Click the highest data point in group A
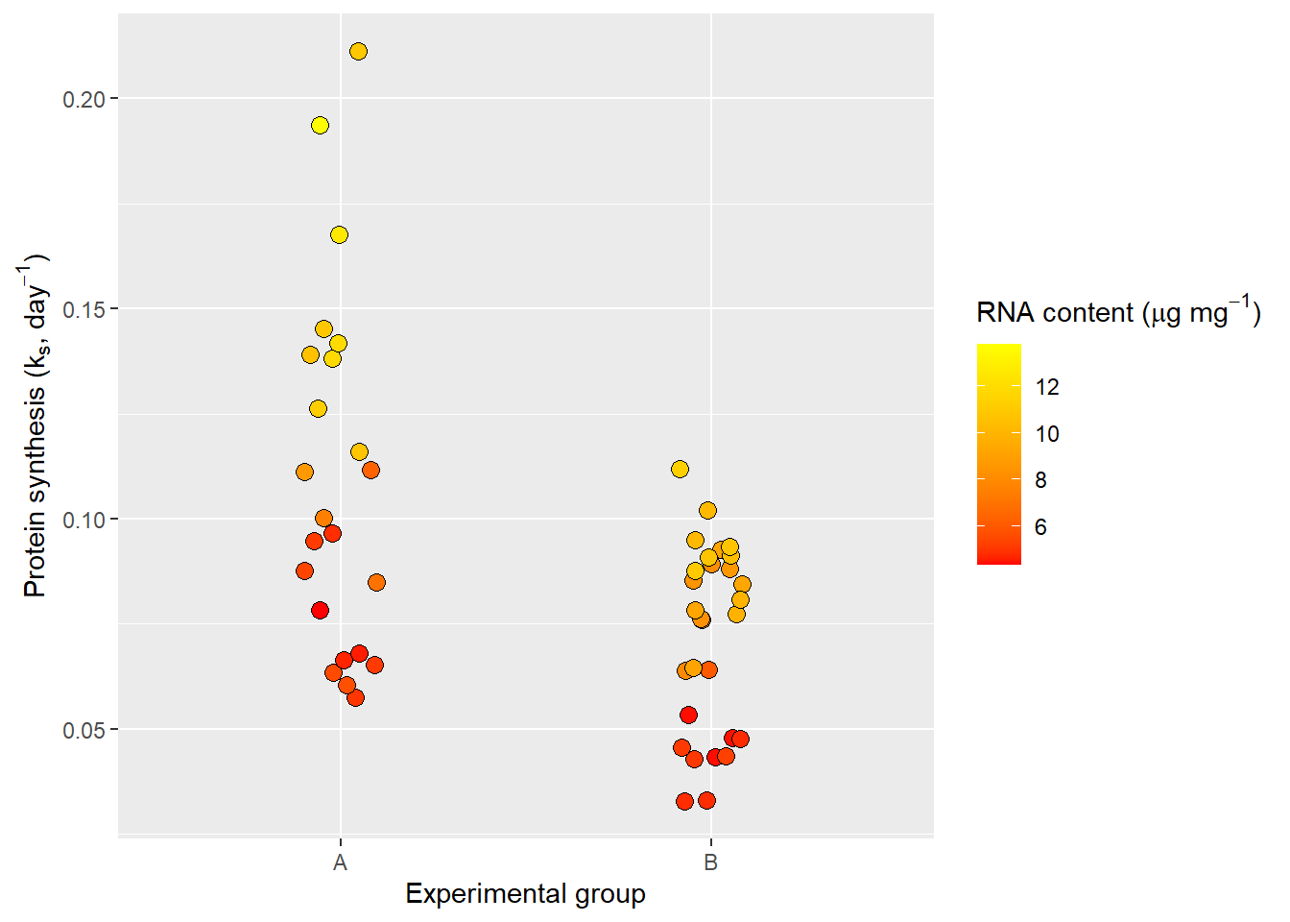coord(358,51)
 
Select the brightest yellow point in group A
coord(320,125)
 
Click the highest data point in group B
coord(680,469)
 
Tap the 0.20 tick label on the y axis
coord(84,99)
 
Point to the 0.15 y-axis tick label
coord(84,309)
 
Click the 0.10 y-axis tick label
coord(84,520)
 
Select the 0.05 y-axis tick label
coord(84,730)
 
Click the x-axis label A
coord(340,862)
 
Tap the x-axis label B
coord(710,862)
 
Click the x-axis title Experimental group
coord(525,894)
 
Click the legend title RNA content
coord(1117,312)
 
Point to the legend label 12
coord(1047,387)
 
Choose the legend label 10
coord(1047,434)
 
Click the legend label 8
coord(1040,480)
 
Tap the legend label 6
coord(1040,527)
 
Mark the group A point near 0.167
coord(339,234)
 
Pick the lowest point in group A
coord(355,697)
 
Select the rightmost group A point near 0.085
coord(376,582)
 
